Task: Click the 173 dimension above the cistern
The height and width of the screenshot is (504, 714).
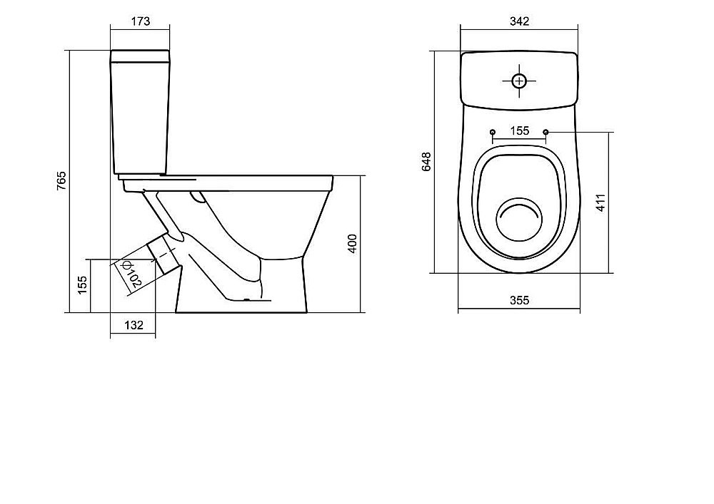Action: tap(140, 21)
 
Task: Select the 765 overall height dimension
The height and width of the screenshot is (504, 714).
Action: tap(61, 180)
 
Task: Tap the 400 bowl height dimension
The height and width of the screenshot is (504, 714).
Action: tap(353, 244)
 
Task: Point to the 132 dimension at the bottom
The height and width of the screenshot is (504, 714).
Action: tap(134, 325)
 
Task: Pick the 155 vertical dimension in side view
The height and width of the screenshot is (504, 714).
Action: tap(82, 285)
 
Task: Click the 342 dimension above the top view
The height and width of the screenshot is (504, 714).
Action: tap(519, 21)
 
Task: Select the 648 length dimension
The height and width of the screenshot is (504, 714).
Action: tap(427, 162)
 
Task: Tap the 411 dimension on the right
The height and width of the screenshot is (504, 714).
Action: tap(601, 202)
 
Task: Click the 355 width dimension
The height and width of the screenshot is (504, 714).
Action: tap(519, 300)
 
